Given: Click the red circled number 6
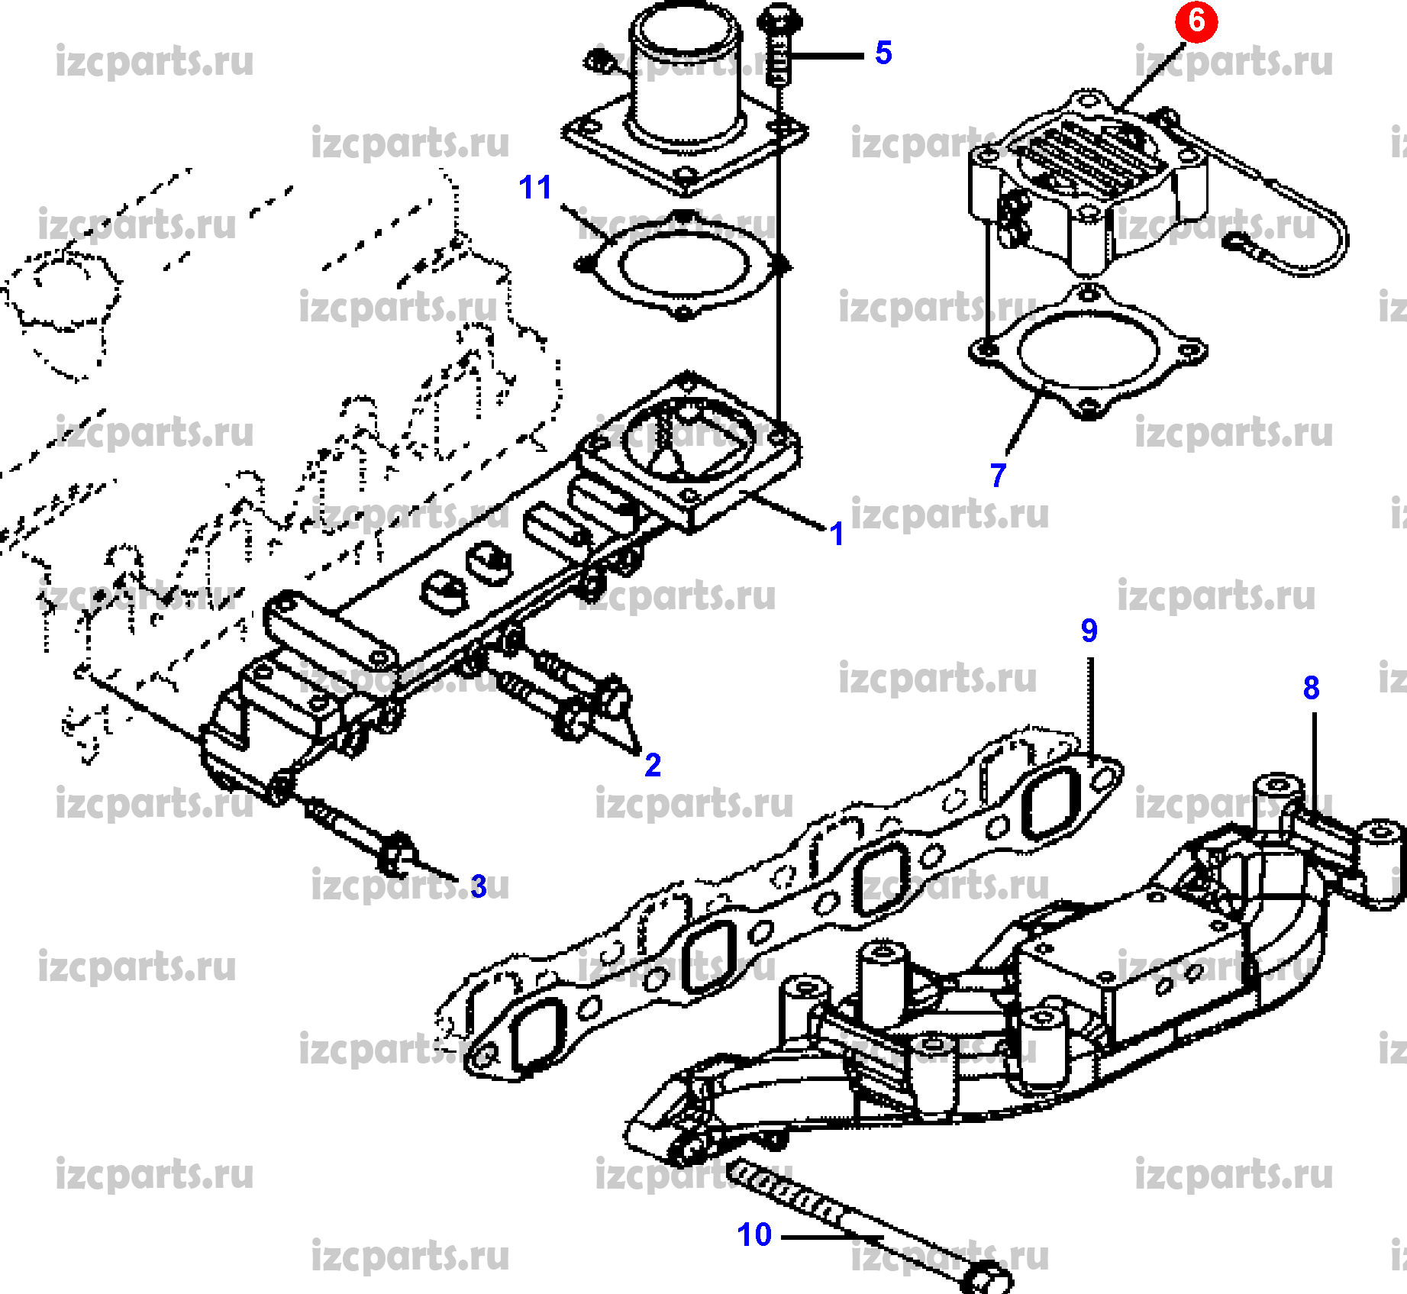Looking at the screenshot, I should [x=1196, y=21].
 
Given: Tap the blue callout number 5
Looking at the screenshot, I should [x=883, y=53].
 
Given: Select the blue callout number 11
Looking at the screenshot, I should [x=534, y=187].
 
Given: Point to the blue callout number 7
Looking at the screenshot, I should [x=998, y=475].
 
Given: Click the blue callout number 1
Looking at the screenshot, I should [x=837, y=534].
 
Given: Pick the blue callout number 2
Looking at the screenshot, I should [x=653, y=764].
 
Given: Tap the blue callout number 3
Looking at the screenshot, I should [x=479, y=886].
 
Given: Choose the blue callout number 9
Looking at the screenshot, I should [x=1089, y=630].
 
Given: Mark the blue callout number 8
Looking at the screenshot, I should [x=1311, y=687].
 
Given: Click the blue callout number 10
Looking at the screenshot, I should [x=754, y=1234].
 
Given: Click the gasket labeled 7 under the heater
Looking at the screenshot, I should [x=1089, y=352].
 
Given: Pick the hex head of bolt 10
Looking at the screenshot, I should [x=987, y=1276].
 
